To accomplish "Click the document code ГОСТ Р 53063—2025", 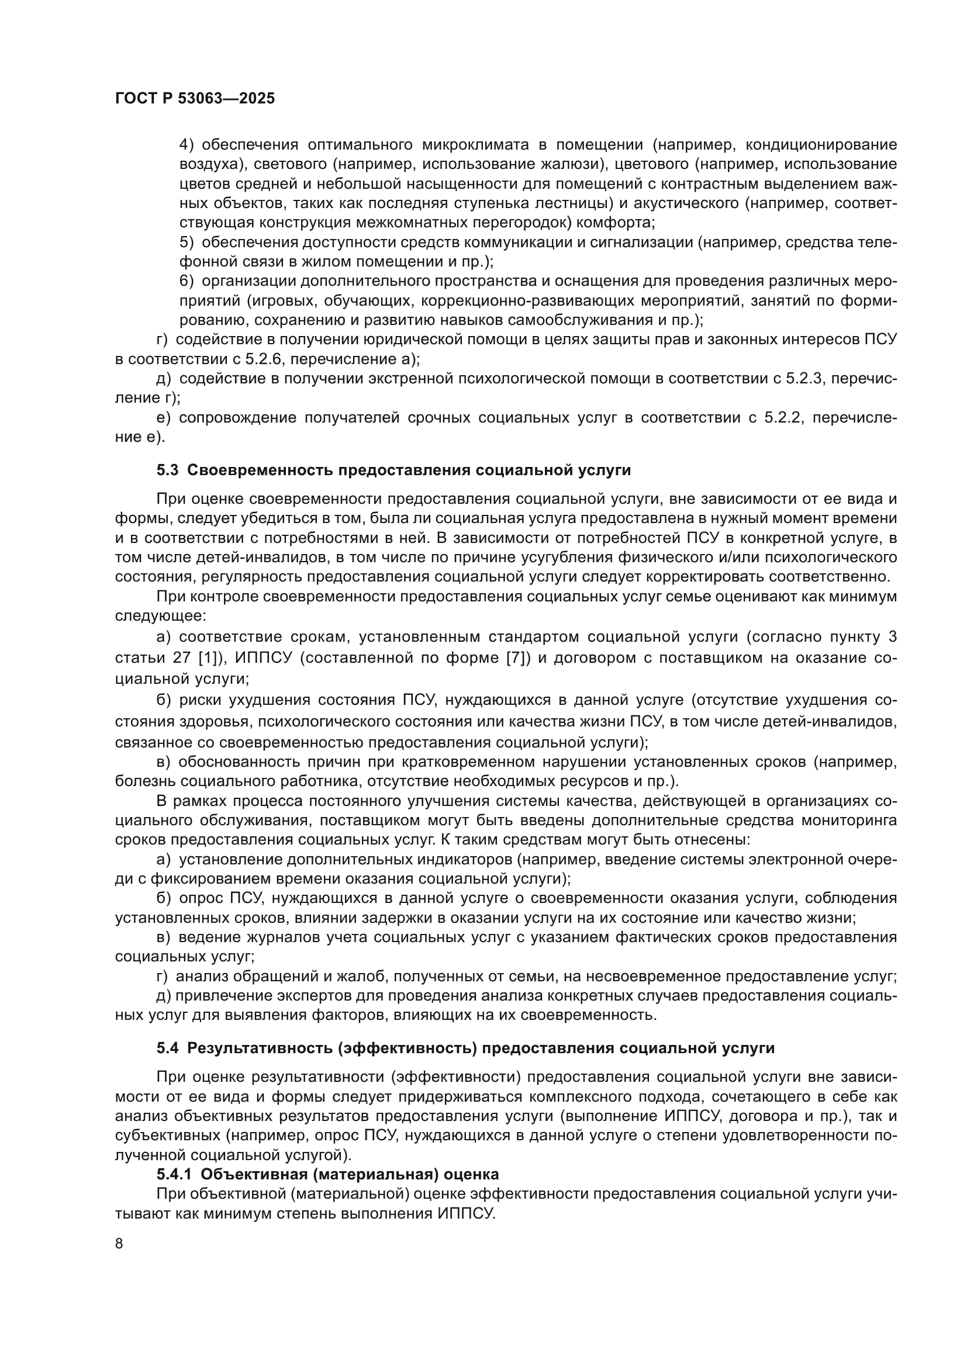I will click(x=195, y=99).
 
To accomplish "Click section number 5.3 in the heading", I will click(x=167, y=470).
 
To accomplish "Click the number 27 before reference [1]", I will click(x=178, y=658).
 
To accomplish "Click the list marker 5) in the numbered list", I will click(x=187, y=243).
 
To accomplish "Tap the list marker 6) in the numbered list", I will click(x=187, y=281).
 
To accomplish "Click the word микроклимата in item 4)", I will click(x=476, y=145).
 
